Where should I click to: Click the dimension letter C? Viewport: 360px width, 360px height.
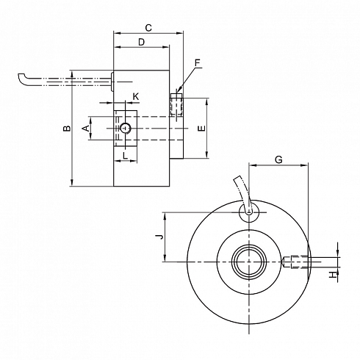click(148, 28)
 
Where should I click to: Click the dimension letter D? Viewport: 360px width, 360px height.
click(141, 42)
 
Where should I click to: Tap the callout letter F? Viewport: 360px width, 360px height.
click(198, 63)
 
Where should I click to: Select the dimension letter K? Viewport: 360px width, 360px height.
click(136, 96)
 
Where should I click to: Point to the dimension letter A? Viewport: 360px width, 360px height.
click(87, 128)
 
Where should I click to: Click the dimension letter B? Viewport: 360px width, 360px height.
click(67, 128)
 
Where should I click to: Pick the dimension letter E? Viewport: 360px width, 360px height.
click(202, 128)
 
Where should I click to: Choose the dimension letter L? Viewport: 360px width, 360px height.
click(125, 156)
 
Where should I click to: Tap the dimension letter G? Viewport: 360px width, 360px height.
click(278, 159)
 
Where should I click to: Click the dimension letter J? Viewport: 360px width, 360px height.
click(159, 237)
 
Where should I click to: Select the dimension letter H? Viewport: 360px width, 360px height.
click(333, 275)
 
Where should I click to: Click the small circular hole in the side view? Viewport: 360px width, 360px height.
click(126, 128)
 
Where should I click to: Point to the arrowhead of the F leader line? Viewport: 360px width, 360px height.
click(178, 90)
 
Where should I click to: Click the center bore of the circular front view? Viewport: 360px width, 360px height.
click(249, 262)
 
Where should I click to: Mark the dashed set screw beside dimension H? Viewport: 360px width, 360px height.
click(296, 262)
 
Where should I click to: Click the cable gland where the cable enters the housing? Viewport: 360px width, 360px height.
click(112, 82)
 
